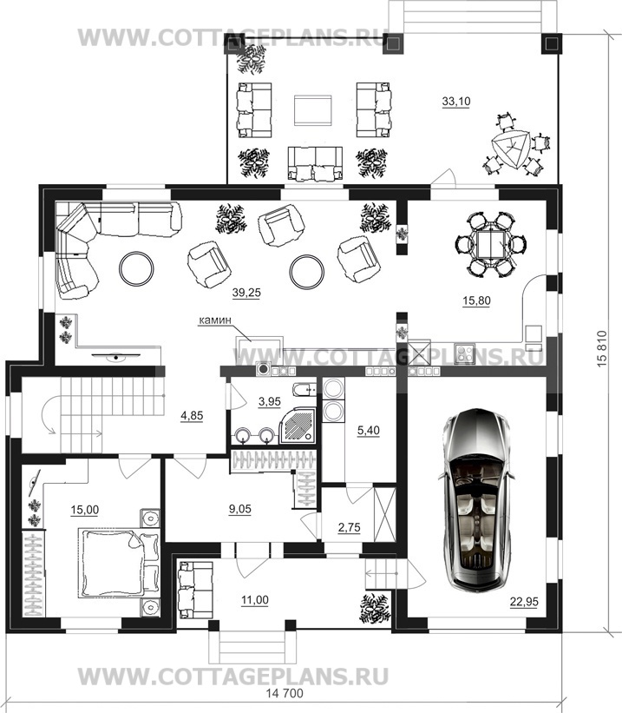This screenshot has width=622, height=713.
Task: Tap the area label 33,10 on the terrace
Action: pyautogui.click(x=456, y=102)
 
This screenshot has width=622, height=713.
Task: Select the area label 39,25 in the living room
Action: pyautogui.click(x=246, y=293)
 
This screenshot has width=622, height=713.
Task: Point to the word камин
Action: pyautogui.click(x=215, y=320)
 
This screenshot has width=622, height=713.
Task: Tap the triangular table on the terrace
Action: pyautogui.click(x=511, y=149)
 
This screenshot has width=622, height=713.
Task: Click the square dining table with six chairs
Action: pyautogui.click(x=490, y=243)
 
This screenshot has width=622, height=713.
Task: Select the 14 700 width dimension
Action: pyautogui.click(x=284, y=693)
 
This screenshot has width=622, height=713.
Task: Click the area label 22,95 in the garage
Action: pyautogui.click(x=524, y=602)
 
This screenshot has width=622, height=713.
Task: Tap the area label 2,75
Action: pyautogui.click(x=349, y=527)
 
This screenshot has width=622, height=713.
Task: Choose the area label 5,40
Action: pyautogui.click(x=368, y=430)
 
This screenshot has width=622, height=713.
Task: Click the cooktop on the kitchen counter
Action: pyautogui.click(x=464, y=353)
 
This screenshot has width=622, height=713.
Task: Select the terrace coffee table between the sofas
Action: pyautogui.click(x=312, y=110)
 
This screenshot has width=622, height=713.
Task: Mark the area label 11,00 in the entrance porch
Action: pyautogui.click(x=255, y=600)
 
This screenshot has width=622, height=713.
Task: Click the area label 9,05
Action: pyautogui.click(x=240, y=509)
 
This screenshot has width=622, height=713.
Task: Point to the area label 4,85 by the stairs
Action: pyautogui.click(x=192, y=415)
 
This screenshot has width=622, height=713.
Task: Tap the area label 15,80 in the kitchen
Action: pyautogui.click(x=476, y=300)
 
